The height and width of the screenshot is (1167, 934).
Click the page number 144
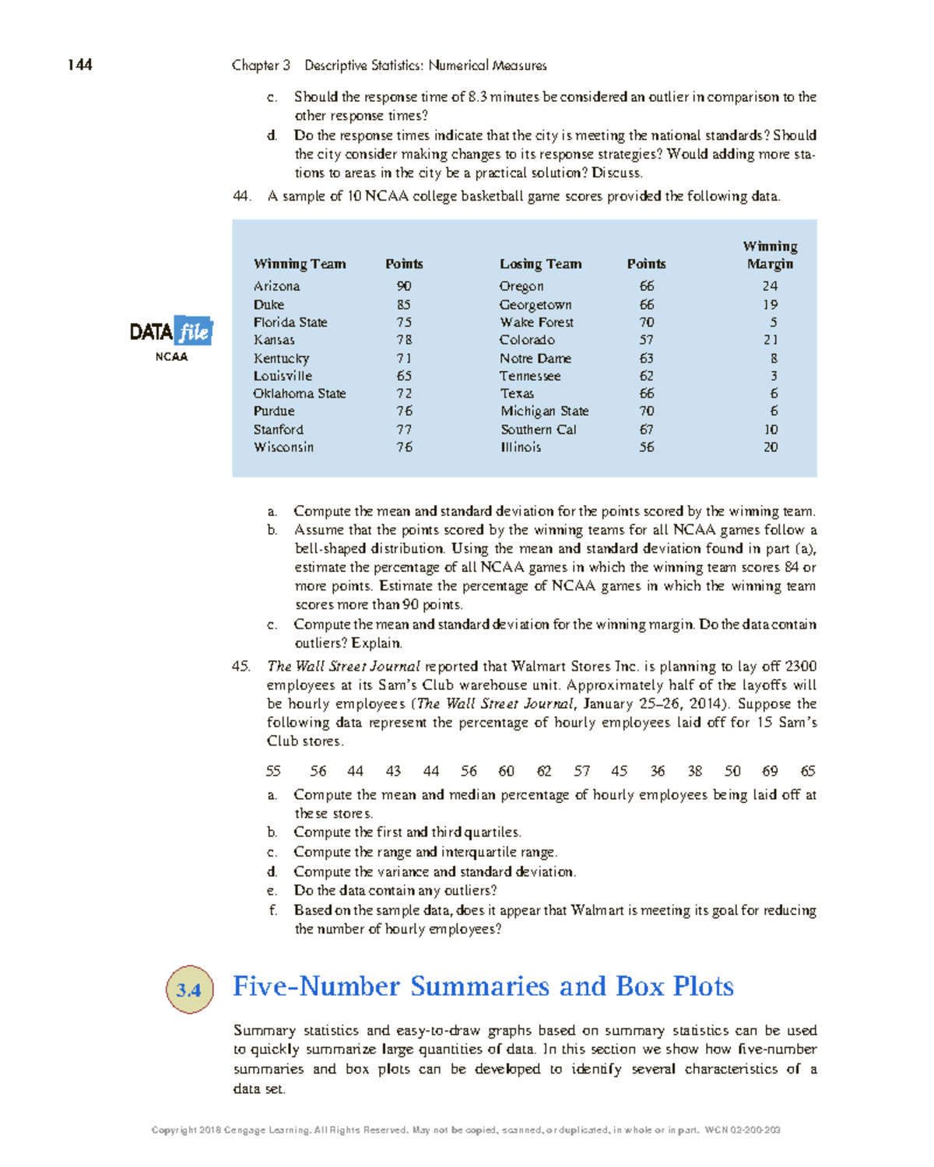[79, 65]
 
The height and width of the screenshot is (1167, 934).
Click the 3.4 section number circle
[189, 990]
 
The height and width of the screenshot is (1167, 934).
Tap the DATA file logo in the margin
[171, 332]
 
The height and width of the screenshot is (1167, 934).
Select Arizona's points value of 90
[404, 286]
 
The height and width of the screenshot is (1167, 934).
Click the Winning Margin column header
[770, 255]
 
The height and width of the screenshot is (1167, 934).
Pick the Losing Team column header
[540, 264]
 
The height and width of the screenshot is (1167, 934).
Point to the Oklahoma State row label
[299, 394]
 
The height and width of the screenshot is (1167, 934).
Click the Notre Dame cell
[535, 359]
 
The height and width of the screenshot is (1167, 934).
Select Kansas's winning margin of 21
[770, 340]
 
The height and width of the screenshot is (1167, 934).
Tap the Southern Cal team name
[539, 429]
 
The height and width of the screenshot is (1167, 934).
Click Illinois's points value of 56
[646, 447]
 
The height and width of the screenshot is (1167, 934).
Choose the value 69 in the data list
[770, 771]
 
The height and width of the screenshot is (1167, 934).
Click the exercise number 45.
[241, 666]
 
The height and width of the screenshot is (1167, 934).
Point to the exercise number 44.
[241, 196]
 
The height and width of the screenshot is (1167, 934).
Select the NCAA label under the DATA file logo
[171, 357]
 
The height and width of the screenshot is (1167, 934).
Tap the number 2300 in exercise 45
[801, 666]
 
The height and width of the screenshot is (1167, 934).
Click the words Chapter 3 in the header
[261, 65]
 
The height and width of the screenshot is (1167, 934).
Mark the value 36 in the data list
[658, 771]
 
